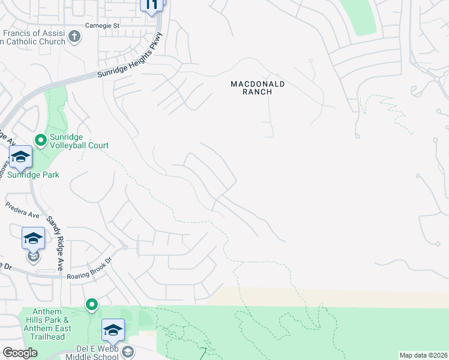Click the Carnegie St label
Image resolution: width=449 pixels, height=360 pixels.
click(x=102, y=26)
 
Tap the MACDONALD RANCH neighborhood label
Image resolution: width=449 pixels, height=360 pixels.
click(x=258, y=88)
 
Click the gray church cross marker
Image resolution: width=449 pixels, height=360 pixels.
click(x=74, y=37)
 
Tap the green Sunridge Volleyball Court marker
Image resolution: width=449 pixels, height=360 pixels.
click(x=40, y=140)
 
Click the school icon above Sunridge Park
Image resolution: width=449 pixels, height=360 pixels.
click(x=20, y=157)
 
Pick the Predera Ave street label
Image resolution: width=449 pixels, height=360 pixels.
click(x=22, y=210)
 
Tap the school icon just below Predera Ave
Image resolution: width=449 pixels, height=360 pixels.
click(x=33, y=239)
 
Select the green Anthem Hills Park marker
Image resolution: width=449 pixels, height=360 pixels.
click(x=91, y=305)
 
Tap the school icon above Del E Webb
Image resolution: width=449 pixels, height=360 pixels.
click(x=112, y=330)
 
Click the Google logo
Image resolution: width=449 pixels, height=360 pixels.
click(x=20, y=353)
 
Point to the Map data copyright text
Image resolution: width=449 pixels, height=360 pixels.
click(x=423, y=355)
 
